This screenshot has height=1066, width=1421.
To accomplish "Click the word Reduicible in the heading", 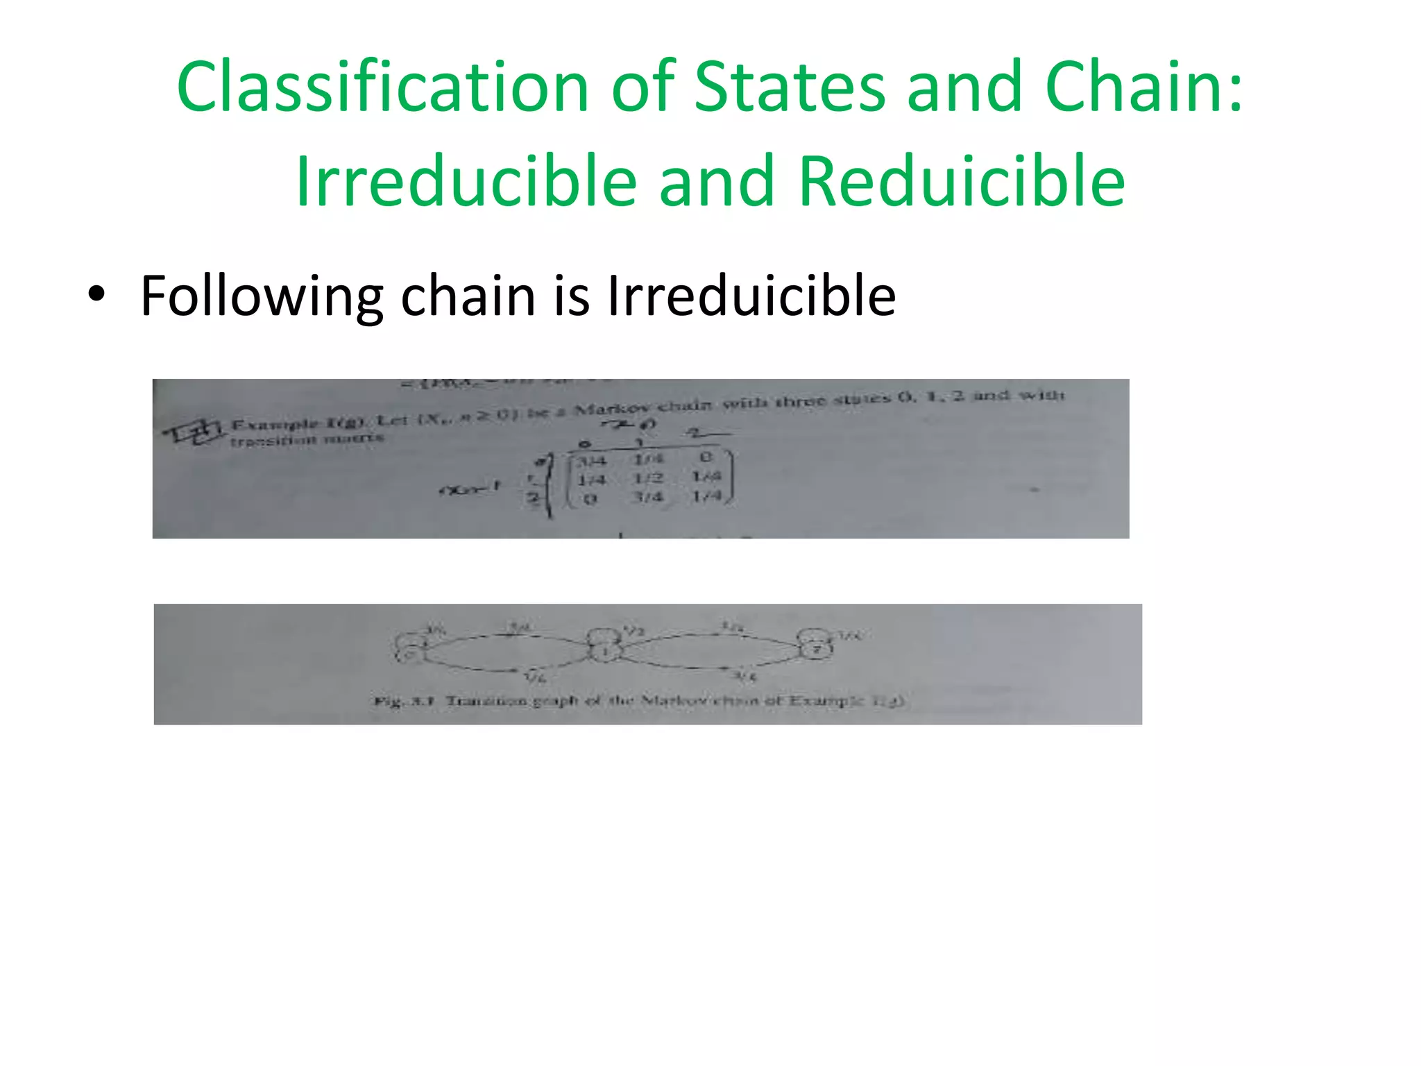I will click(x=962, y=181).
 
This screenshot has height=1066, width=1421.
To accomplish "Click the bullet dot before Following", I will click(x=96, y=294).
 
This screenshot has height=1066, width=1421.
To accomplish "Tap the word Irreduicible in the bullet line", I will click(x=751, y=296).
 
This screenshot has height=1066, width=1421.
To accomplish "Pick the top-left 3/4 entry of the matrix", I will click(x=592, y=460).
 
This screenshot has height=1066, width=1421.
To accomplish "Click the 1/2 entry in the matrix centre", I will click(x=649, y=478).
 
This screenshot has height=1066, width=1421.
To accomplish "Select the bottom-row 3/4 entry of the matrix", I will click(x=649, y=497).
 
